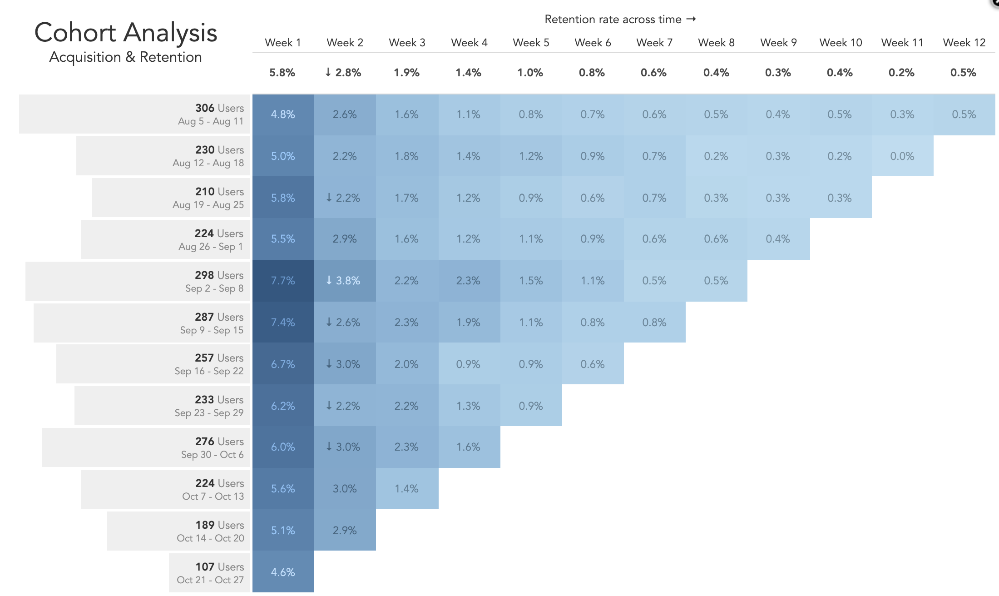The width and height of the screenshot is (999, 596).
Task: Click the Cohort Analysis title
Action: (126, 33)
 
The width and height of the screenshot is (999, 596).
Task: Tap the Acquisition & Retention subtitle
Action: (126, 57)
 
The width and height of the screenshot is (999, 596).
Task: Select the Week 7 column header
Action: (654, 43)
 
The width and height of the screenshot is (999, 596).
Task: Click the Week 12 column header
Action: (964, 43)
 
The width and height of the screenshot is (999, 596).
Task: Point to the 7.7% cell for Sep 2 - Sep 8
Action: (283, 281)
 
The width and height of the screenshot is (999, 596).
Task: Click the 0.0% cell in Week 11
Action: (902, 156)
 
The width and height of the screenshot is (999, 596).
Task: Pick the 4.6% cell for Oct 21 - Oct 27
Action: (283, 572)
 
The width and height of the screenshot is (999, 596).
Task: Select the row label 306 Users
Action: (219, 108)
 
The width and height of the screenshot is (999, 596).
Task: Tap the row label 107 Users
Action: (219, 567)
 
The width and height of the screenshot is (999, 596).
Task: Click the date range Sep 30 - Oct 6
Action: (212, 455)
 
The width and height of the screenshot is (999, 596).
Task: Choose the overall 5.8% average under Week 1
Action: (282, 73)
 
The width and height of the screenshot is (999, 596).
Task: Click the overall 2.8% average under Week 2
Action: (344, 73)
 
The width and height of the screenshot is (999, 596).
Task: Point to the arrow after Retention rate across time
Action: (691, 19)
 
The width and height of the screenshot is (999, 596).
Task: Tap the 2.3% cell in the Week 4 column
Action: (468, 281)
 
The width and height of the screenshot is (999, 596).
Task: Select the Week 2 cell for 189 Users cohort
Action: (345, 531)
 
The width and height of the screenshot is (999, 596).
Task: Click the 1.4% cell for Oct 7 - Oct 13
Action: (406, 489)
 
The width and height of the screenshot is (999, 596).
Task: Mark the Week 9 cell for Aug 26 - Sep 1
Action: (777, 239)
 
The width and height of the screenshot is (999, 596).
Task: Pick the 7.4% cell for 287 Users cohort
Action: (283, 323)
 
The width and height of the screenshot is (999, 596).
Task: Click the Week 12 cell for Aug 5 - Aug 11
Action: (964, 114)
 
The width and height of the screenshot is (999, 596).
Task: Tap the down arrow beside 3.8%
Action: (329, 280)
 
